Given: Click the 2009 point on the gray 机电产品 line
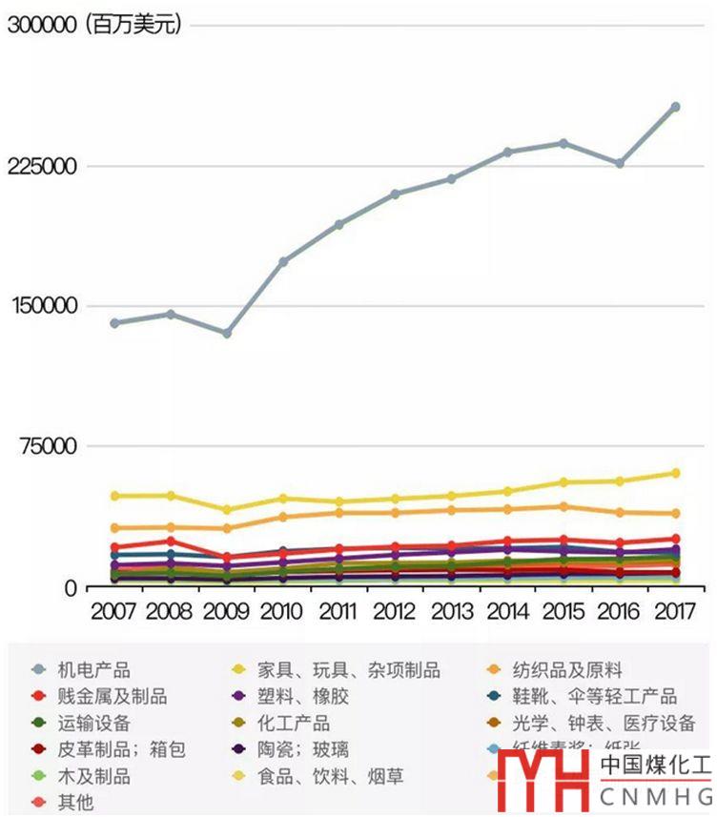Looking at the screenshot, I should coord(226,333).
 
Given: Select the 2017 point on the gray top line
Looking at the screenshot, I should coord(675,107).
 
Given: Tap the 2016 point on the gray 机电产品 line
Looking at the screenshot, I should coord(619,163).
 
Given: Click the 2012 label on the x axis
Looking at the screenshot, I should coord(395,610).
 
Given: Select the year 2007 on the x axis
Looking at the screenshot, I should coord(113,610).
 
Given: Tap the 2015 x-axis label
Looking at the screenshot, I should coord(563,610).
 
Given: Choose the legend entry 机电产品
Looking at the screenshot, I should coord(93,670).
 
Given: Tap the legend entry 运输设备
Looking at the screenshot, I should coord(93,724).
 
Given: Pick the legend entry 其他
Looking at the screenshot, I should coord(75,803).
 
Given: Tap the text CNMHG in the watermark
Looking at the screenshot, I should coord(656,795).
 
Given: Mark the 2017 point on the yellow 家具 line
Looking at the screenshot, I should coord(675,473).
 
